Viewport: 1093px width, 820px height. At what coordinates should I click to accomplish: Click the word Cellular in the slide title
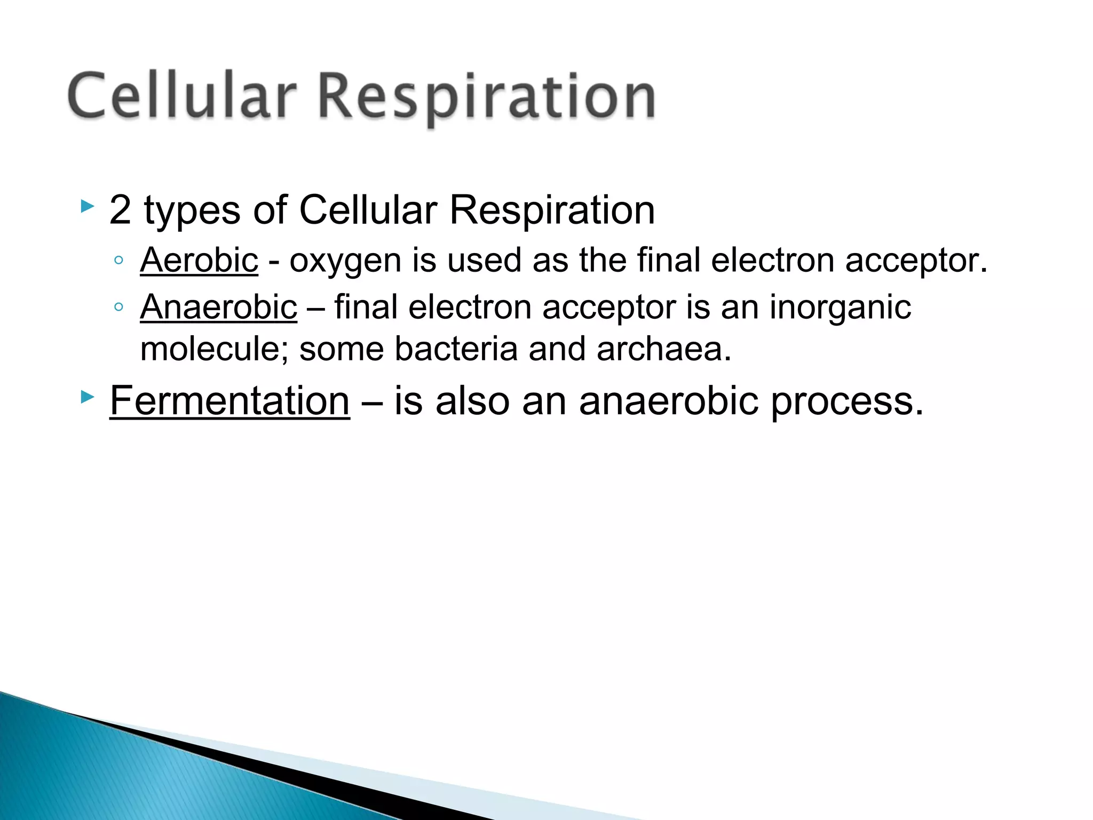coord(181,96)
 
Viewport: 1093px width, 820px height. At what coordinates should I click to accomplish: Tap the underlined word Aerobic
coord(199,261)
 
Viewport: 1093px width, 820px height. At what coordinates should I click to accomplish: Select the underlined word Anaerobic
coord(218,307)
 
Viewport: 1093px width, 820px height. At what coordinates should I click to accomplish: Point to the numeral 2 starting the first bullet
coord(120,210)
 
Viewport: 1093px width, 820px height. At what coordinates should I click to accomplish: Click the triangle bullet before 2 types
coord(87,206)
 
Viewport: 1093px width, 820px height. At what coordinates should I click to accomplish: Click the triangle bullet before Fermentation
coord(87,397)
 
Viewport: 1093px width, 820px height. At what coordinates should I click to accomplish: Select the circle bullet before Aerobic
coord(118,261)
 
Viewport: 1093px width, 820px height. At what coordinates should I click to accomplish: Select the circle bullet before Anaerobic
coord(118,307)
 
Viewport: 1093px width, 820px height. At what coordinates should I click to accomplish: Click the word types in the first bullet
coord(192,211)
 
